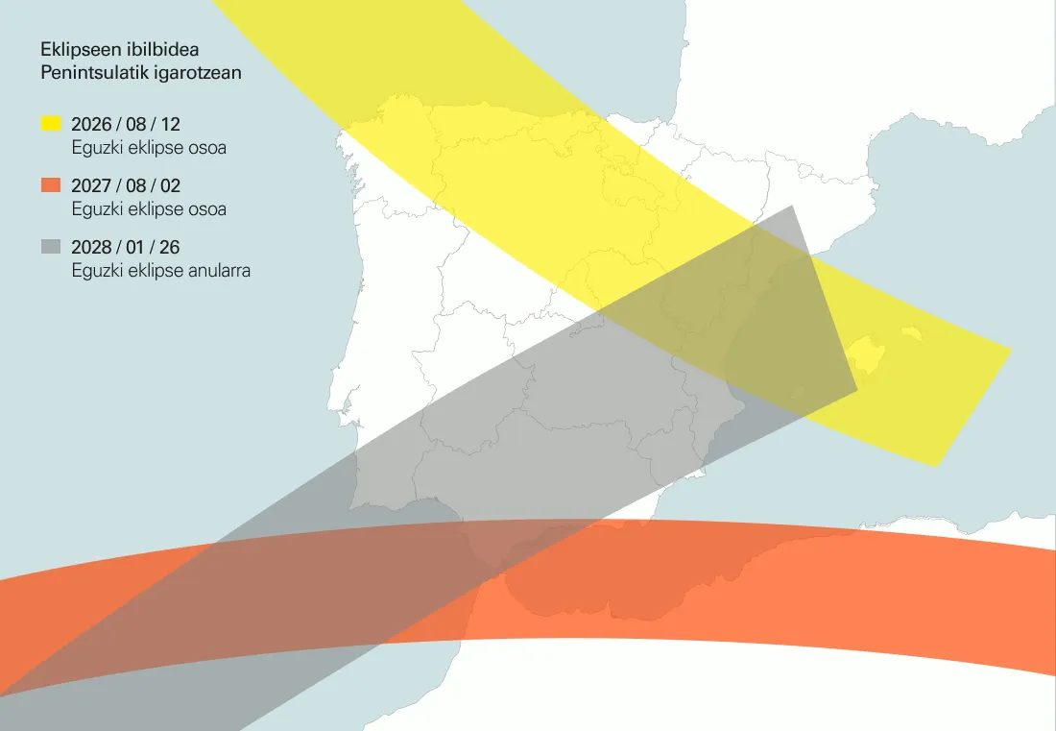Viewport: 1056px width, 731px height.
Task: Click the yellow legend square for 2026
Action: click(x=51, y=124)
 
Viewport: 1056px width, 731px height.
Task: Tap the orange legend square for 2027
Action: click(x=51, y=185)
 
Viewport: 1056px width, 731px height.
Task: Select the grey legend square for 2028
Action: click(x=51, y=247)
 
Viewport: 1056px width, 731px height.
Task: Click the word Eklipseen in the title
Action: click(x=78, y=49)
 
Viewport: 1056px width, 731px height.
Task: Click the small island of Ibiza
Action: click(x=797, y=392)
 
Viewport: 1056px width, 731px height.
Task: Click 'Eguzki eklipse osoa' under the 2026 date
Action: click(x=149, y=148)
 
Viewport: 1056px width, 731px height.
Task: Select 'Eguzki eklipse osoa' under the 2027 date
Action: click(x=149, y=208)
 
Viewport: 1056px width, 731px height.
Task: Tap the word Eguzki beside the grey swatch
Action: click(x=94, y=271)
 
